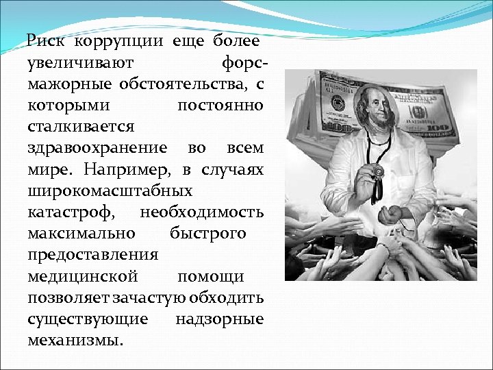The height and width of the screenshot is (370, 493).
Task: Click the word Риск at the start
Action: coord(46,42)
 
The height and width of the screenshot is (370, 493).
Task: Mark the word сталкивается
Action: coord(81,127)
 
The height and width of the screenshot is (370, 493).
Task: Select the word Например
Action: coord(129,169)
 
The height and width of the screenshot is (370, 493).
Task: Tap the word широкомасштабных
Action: coord(110,190)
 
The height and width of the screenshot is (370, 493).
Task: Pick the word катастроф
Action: coord(71,212)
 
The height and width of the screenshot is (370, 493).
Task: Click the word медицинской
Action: coord(84,276)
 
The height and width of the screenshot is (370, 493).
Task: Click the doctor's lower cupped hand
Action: coord(393,213)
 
